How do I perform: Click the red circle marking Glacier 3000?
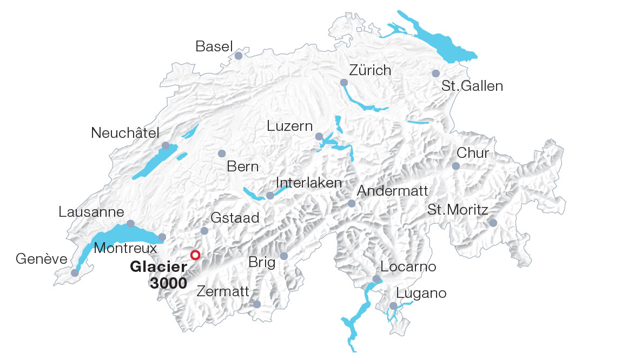[x=195, y=255]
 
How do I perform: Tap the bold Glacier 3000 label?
[x=159, y=275]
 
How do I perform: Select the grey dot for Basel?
[x=239, y=56]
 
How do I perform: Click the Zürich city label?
[x=370, y=70]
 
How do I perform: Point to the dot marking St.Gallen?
[x=436, y=74]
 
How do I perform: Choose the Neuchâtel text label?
[x=125, y=133]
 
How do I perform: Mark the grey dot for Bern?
[x=221, y=154]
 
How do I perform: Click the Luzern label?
[x=290, y=126]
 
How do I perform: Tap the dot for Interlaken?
[x=270, y=195]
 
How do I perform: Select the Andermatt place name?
[x=393, y=191]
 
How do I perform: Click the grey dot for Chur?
[x=456, y=166]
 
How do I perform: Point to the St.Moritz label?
[x=458, y=210]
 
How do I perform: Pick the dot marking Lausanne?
[x=130, y=224]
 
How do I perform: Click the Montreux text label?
[x=125, y=248]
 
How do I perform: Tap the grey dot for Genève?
[x=75, y=273]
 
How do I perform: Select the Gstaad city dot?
[x=204, y=231]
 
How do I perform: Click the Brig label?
[x=262, y=263]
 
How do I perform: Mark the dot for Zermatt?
[x=257, y=305]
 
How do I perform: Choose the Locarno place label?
[x=408, y=266]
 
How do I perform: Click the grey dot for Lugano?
[x=393, y=306]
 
